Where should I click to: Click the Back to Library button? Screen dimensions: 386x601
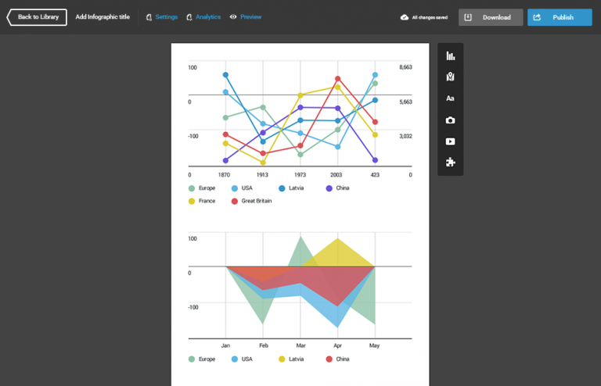click(37, 17)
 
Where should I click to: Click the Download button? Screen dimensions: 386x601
click(491, 17)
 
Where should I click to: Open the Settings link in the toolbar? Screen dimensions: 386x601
click(162, 17)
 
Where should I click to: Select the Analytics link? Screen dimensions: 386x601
click(203, 17)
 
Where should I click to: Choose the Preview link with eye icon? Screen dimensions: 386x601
click(246, 17)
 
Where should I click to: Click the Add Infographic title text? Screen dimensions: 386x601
click(103, 17)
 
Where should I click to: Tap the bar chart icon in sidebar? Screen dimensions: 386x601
click(451, 55)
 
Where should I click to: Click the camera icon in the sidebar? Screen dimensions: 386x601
click(451, 120)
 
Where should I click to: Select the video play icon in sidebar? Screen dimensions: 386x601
click(451, 141)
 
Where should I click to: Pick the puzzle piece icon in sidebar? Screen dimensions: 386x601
click(451, 163)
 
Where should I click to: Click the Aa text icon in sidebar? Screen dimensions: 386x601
click(451, 98)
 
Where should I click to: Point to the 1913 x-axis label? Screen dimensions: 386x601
click(263, 175)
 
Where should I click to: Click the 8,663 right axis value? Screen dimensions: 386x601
click(405, 68)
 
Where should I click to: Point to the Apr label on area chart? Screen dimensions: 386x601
click(338, 345)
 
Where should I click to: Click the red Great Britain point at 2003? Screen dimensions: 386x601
click(337, 79)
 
